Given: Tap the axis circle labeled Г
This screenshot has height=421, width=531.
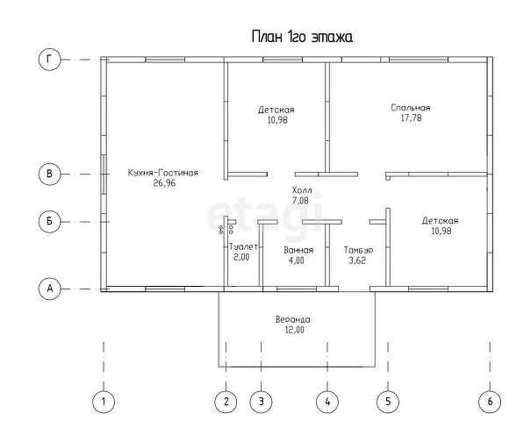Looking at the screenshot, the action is coord(50,60).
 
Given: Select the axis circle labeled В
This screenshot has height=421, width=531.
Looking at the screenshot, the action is coord(50,175).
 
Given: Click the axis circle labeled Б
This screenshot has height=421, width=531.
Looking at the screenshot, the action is coord(50,221).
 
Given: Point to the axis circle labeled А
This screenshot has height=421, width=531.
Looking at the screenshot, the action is coord(50,288).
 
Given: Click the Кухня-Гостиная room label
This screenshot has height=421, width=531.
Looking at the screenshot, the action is coord(162,174).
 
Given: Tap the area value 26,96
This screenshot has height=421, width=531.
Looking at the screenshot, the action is coord(163,184).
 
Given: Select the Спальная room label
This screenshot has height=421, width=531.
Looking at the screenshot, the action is coord(411,108).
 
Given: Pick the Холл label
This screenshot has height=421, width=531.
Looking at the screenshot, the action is coord(301,190).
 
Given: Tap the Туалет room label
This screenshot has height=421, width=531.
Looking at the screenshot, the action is coord(242,248).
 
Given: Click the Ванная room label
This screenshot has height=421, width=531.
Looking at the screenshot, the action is coord(298,250).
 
